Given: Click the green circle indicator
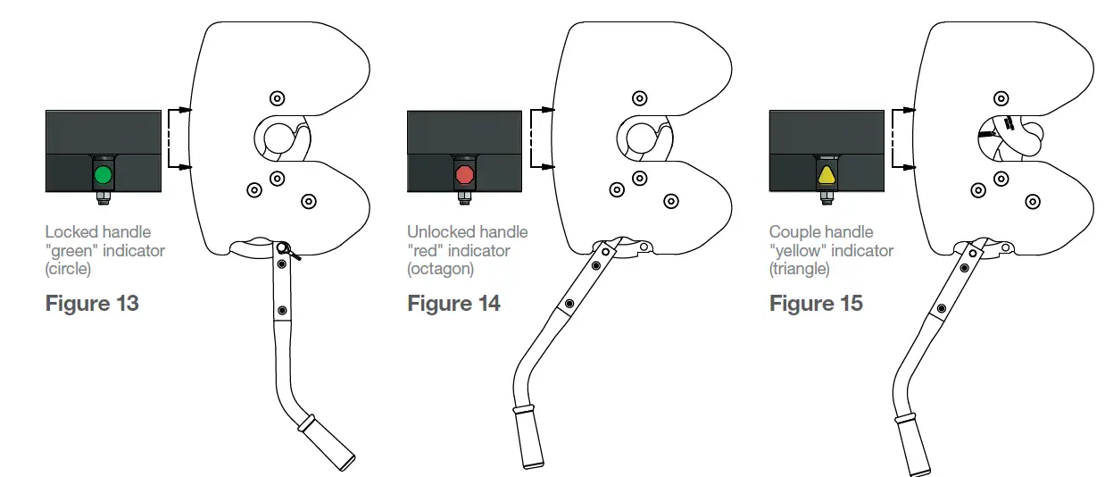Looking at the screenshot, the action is [104, 174].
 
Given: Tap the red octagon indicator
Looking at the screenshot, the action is [464, 173].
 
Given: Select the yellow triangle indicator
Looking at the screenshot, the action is [827, 174].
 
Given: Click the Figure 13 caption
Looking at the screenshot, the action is [92, 304].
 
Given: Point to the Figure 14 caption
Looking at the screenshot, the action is [453, 304].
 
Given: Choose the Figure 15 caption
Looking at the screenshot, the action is [816, 304].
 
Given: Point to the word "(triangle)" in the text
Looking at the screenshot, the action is [800, 269].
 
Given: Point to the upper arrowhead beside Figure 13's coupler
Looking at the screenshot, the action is [186, 110].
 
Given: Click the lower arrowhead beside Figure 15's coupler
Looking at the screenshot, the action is [909, 167].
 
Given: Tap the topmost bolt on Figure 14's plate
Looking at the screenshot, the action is [638, 97].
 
